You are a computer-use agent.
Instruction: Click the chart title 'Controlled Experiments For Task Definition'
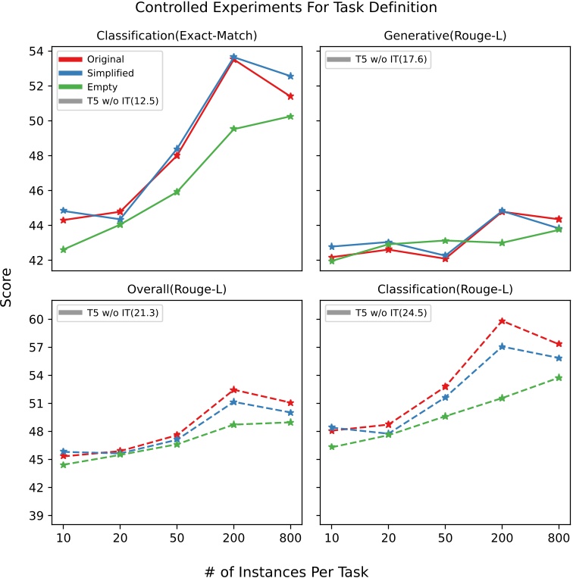[286, 8]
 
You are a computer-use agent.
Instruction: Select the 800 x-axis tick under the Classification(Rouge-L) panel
[559, 537]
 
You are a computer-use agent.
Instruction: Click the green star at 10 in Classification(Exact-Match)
[63, 249]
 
